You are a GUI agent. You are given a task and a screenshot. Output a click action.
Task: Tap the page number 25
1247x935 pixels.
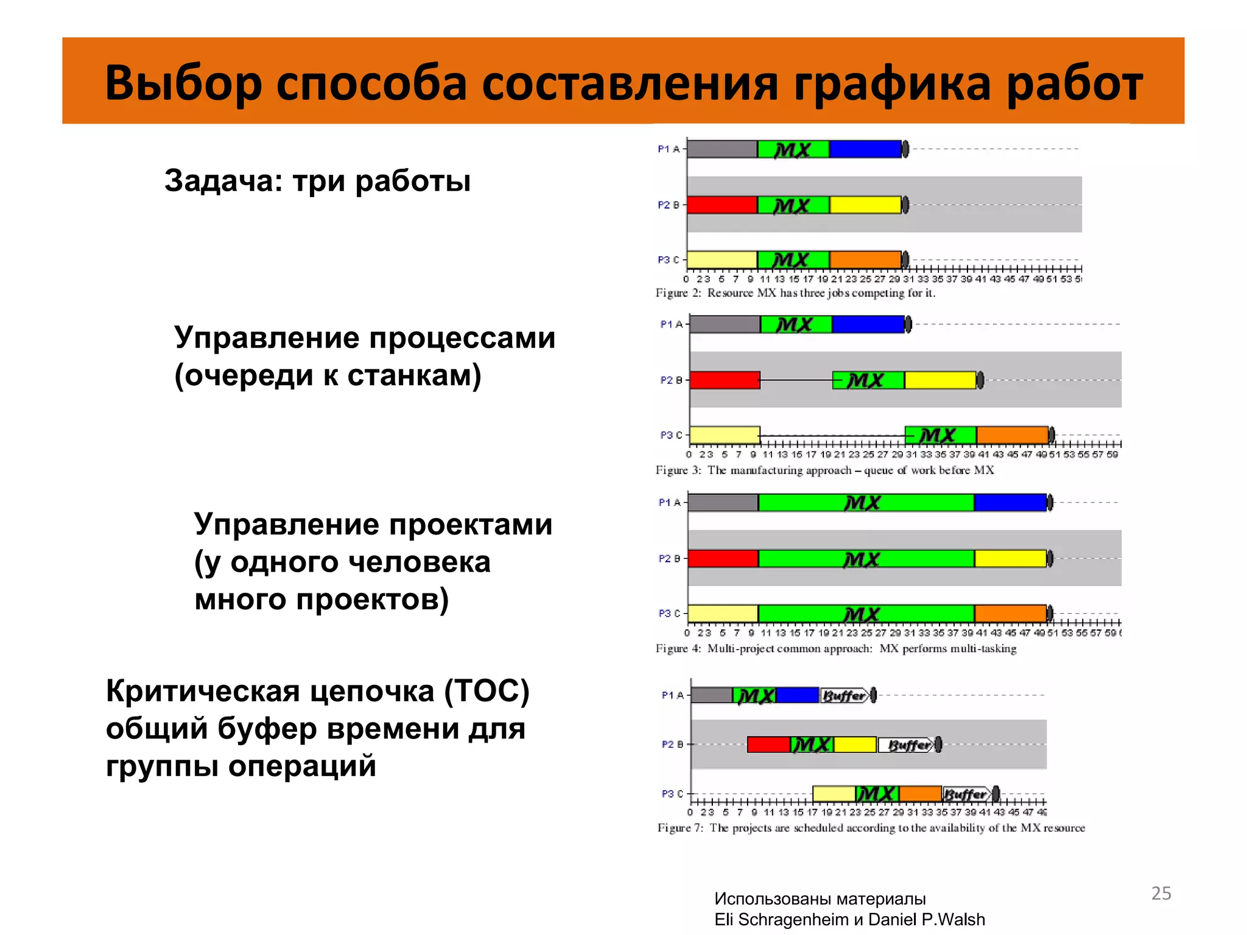(1161, 893)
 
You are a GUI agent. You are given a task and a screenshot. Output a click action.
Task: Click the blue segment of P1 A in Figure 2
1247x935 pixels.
(865, 149)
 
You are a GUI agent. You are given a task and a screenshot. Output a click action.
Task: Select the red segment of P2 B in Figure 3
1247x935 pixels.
(725, 380)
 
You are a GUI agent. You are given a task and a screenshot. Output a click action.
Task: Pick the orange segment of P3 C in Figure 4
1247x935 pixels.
(1010, 613)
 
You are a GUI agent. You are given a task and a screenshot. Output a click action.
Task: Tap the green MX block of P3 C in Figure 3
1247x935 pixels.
(940, 435)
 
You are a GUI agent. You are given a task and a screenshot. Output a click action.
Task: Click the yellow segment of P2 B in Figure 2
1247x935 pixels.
(865, 205)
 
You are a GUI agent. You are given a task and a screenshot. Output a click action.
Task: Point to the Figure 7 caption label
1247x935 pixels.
(680, 828)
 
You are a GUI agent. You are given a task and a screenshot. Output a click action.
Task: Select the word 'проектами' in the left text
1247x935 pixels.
(470, 524)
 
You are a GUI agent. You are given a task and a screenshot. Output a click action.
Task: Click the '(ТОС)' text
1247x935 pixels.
(487, 691)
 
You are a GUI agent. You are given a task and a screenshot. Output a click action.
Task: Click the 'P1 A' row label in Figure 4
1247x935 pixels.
(669, 502)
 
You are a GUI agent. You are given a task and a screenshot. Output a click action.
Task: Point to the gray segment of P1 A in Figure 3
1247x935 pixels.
(725, 324)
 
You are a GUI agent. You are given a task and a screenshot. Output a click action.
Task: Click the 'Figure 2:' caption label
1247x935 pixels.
(678, 293)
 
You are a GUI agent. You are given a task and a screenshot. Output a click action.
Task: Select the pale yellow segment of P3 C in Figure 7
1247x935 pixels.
(834, 794)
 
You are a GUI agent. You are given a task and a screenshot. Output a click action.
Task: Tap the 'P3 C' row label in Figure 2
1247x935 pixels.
(668, 260)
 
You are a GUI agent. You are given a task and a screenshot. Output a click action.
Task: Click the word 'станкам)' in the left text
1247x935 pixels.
(414, 376)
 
